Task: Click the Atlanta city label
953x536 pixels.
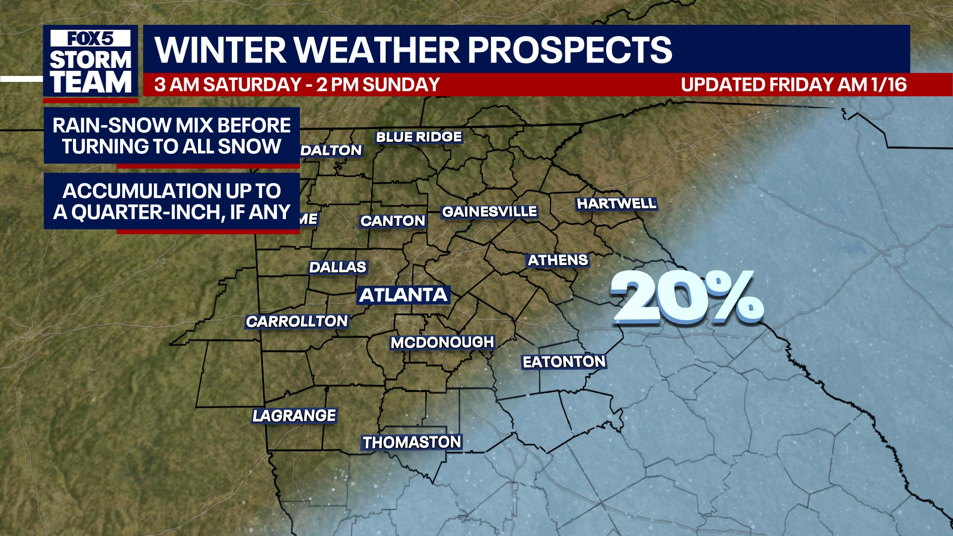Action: [x=403, y=295]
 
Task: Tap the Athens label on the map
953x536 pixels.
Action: [x=557, y=260]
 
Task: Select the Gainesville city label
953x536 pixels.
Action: [x=489, y=212]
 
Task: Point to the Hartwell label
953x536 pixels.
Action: [x=616, y=203]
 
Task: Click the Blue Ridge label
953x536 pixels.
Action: [x=418, y=137]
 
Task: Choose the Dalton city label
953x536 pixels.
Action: [x=332, y=150]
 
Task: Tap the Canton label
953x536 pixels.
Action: [x=393, y=221]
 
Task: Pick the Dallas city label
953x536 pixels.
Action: [x=338, y=268]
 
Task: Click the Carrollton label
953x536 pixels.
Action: [x=297, y=322]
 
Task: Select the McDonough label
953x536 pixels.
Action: [x=442, y=342]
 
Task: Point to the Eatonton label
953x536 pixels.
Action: [x=564, y=362]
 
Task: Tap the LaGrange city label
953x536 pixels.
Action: [x=294, y=415]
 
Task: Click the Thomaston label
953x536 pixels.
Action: [x=412, y=442]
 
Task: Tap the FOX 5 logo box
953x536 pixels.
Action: [x=91, y=39]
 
